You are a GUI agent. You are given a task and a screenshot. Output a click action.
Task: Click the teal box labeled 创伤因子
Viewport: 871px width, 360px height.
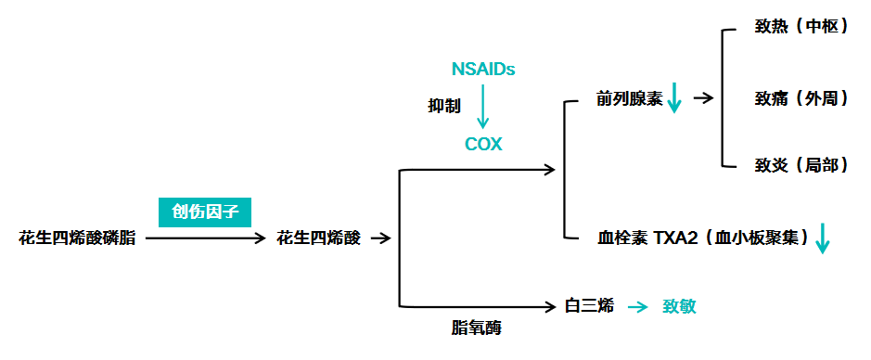tap(205, 212)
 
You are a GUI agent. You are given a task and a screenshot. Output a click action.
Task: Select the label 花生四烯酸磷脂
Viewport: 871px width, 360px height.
tap(77, 238)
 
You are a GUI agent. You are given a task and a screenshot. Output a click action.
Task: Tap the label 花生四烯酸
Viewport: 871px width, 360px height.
tap(319, 238)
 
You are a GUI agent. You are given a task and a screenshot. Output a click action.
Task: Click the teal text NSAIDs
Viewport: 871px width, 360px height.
tap(482, 70)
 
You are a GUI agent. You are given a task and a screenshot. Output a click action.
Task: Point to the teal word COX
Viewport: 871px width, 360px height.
tap(483, 145)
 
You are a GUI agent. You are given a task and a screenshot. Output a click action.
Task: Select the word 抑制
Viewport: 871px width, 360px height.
tap(443, 107)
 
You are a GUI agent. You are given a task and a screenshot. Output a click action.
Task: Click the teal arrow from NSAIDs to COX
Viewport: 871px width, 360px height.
tap(482, 107)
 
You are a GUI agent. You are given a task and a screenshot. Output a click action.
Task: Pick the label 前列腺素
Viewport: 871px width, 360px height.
tap(629, 98)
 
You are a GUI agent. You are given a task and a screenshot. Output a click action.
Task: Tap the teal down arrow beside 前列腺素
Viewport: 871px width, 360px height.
tap(674, 97)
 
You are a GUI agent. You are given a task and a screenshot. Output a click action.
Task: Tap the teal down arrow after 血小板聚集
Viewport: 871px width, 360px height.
tap(822, 238)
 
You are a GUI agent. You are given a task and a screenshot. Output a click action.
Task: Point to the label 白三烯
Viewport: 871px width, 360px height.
tap(590, 305)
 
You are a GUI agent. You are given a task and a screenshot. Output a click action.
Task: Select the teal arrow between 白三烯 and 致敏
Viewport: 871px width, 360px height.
tap(637, 306)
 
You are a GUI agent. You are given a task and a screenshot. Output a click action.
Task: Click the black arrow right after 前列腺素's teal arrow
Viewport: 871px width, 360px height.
tap(702, 97)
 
